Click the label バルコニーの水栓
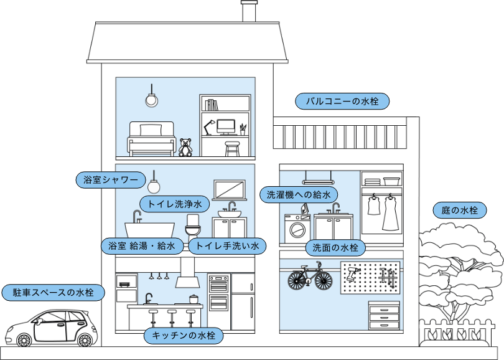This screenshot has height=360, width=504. (342, 100)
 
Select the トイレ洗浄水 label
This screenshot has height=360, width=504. (174, 204)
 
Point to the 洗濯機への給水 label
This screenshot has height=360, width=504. (298, 194)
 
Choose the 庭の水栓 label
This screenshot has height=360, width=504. (460, 211)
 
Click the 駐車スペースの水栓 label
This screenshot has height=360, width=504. (52, 291)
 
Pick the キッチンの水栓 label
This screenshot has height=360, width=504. (183, 336)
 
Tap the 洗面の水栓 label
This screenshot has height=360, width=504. (335, 247)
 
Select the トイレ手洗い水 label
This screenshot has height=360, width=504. (227, 245)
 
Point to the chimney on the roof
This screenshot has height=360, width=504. (250, 11)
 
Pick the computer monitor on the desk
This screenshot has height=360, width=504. (226, 127)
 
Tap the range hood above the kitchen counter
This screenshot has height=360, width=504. (187, 274)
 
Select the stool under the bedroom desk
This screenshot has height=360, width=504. (232, 149)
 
